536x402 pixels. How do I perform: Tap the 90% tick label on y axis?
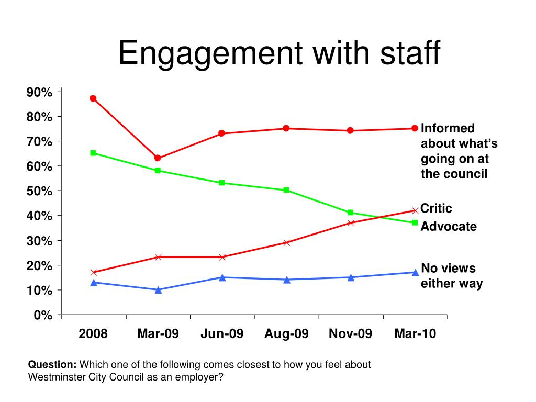click(x=40, y=93)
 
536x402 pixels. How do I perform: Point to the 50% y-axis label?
click(x=40, y=192)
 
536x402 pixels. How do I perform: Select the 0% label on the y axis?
click(x=43, y=315)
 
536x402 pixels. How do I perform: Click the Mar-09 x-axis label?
click(x=158, y=334)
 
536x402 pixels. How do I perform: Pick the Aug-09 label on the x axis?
click(x=286, y=334)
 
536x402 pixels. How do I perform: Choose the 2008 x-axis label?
click(x=93, y=334)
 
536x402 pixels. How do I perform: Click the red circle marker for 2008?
click(x=93, y=98)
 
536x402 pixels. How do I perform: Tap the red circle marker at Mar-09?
click(x=158, y=158)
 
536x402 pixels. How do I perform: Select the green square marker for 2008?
click(x=93, y=153)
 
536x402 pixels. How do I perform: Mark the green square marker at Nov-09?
click(x=350, y=213)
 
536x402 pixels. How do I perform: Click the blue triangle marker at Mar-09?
click(x=158, y=289)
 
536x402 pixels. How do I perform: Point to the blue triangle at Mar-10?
click(x=415, y=272)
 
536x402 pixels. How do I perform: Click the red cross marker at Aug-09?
click(x=286, y=242)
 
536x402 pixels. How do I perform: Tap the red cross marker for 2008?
click(x=93, y=272)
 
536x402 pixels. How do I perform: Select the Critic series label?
click(x=437, y=208)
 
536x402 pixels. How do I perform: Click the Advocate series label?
click(x=449, y=227)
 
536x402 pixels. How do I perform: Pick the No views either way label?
click(x=451, y=276)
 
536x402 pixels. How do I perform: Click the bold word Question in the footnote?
click(x=52, y=365)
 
